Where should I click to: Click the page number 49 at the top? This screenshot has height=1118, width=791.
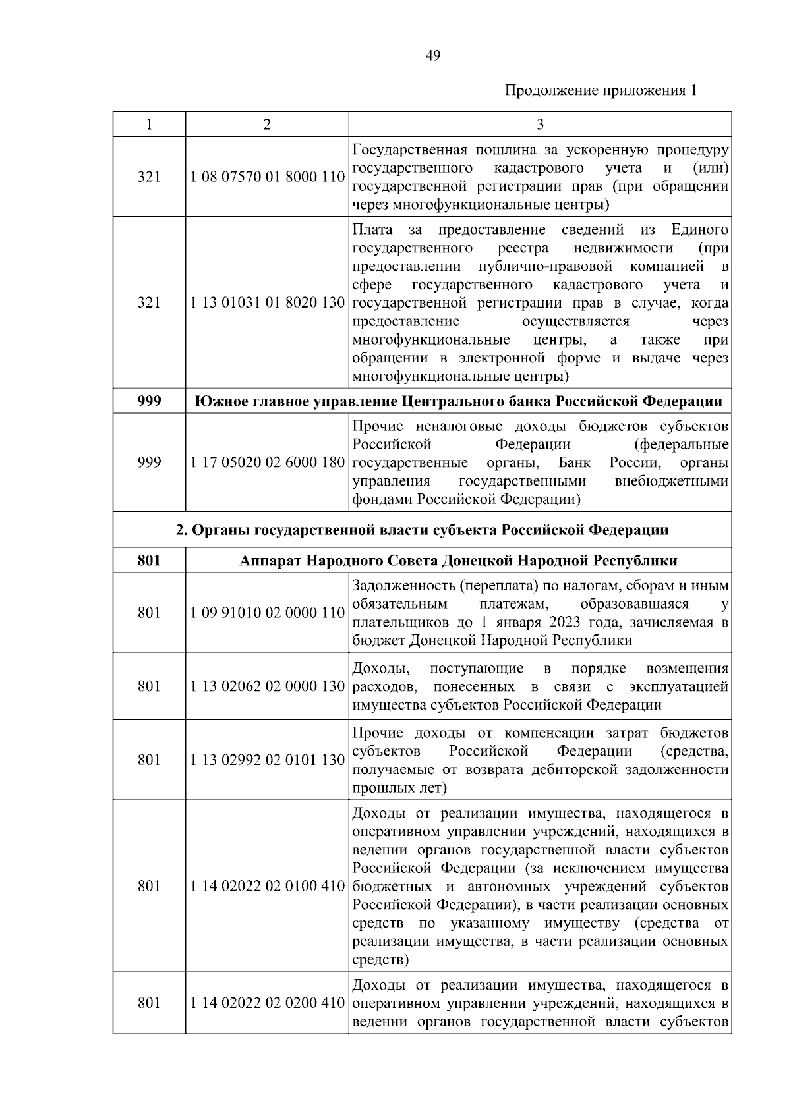pos(433,55)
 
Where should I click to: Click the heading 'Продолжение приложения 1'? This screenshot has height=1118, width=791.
pos(601,90)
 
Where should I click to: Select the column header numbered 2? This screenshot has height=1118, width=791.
pos(266,125)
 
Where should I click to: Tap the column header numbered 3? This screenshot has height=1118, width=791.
pos(540,125)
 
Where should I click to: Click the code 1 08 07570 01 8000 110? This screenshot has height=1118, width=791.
pos(267,177)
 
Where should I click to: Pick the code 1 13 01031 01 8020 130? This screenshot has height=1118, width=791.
pos(267,303)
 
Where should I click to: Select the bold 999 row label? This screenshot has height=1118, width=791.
pos(149,401)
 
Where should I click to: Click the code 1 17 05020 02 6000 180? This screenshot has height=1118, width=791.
pos(267,462)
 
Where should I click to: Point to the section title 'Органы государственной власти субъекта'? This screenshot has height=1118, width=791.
pos(422,530)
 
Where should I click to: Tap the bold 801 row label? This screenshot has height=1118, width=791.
pos(149,561)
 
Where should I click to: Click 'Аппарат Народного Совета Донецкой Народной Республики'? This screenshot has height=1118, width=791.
pos(458,561)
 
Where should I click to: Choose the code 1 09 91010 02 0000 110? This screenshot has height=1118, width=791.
pos(267,613)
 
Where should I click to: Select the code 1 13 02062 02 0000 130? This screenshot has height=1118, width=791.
pos(267,686)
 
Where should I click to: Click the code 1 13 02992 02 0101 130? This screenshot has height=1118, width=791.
pos(267,760)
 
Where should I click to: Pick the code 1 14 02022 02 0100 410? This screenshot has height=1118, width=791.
pos(267,886)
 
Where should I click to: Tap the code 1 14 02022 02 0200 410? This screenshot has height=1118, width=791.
pos(267,1003)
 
